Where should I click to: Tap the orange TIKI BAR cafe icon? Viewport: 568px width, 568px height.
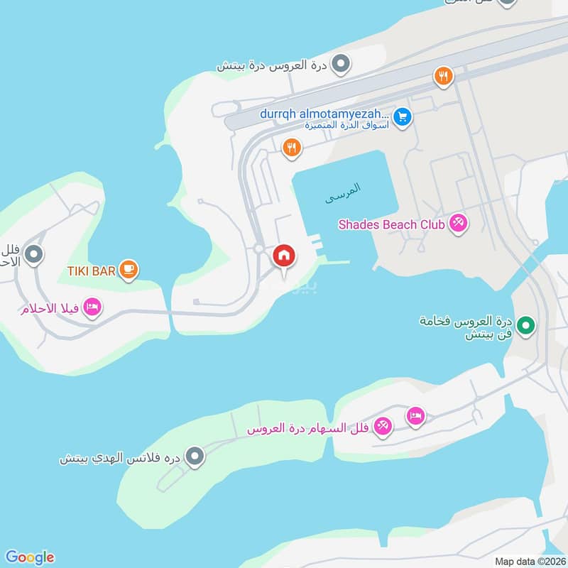pyautogui.click(x=129, y=268)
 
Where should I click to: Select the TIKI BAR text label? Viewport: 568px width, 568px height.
pyautogui.click(x=92, y=269)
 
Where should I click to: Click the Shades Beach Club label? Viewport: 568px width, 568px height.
pyautogui.click(x=391, y=224)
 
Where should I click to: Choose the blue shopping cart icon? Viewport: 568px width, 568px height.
pyautogui.click(x=403, y=116)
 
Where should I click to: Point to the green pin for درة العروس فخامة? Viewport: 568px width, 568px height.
pyautogui.click(x=525, y=326)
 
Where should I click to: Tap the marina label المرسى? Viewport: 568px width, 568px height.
pyautogui.click(x=343, y=193)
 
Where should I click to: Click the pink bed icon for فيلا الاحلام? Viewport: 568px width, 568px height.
pyautogui.click(x=92, y=307)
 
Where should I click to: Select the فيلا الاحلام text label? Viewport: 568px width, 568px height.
pyautogui.click(x=49, y=309)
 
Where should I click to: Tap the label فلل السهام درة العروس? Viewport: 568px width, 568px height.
pyautogui.click(x=306, y=428)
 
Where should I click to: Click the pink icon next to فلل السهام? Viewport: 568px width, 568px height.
pyautogui.click(x=383, y=425)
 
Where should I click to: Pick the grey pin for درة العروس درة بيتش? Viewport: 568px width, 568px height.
pyautogui.click(x=342, y=65)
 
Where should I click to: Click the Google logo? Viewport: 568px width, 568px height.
pyautogui.click(x=29, y=557)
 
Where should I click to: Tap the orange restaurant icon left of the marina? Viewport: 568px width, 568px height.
pyautogui.click(x=290, y=148)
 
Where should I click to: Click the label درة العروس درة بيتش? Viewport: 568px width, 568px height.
pyautogui.click(x=271, y=65)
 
